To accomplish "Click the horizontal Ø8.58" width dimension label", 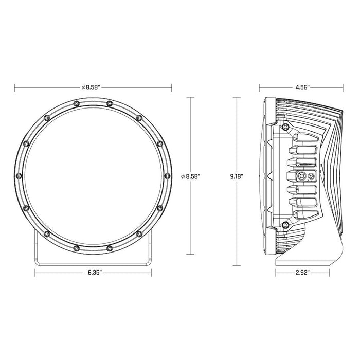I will tap(93, 87).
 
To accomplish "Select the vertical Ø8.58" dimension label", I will tap(191, 176).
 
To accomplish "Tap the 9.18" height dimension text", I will tap(236, 176).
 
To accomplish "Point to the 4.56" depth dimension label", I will tap(302, 87).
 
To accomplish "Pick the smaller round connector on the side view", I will tap(310, 176).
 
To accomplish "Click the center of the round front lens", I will tap(93, 176).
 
